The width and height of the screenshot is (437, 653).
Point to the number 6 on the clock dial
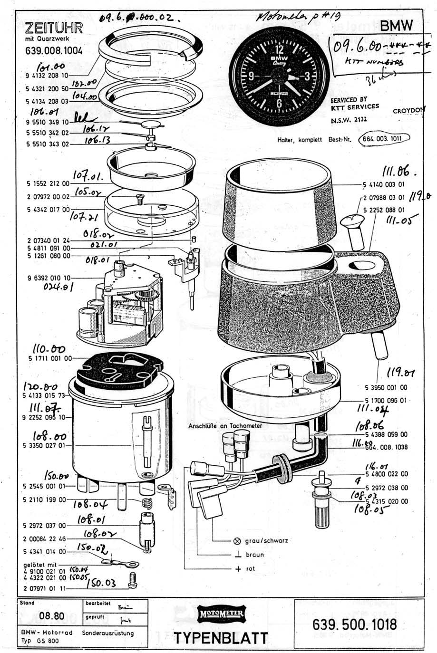point(279,103)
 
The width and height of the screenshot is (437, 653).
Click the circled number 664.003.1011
point(384,139)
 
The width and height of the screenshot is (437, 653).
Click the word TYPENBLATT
point(221,638)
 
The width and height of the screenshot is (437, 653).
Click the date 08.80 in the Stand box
point(49,617)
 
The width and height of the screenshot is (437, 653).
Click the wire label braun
point(254,555)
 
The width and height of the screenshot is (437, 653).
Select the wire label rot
point(250,569)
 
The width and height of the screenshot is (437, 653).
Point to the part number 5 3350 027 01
point(46,445)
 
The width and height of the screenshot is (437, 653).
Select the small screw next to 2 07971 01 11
point(133,579)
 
